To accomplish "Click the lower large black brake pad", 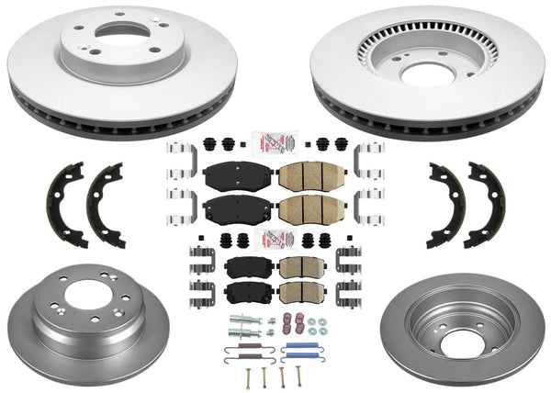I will coord(224,209).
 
